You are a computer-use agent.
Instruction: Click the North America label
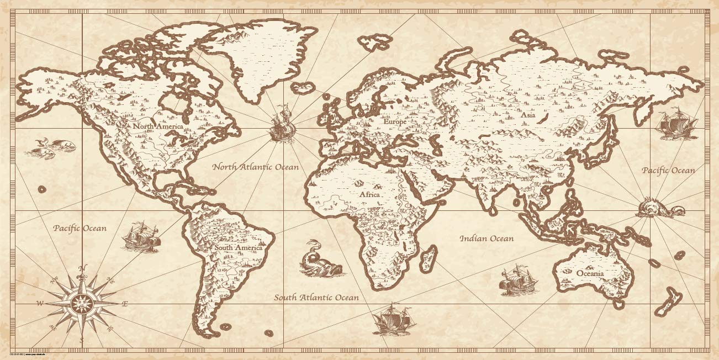tap(157, 126)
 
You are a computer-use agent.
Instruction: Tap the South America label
tap(239, 248)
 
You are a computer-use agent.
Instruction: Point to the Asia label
tap(528, 115)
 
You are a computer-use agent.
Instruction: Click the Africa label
tap(370, 195)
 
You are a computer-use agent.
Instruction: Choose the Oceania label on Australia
tap(590, 273)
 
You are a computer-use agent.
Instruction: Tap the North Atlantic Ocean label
tap(256, 167)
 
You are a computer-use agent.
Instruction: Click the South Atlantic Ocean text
tap(316, 298)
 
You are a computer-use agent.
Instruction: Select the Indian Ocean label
tap(487, 239)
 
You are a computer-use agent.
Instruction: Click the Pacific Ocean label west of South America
tap(80, 228)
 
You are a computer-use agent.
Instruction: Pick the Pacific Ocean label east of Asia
tap(668, 171)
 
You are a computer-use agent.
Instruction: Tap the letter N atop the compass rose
tap(83, 269)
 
